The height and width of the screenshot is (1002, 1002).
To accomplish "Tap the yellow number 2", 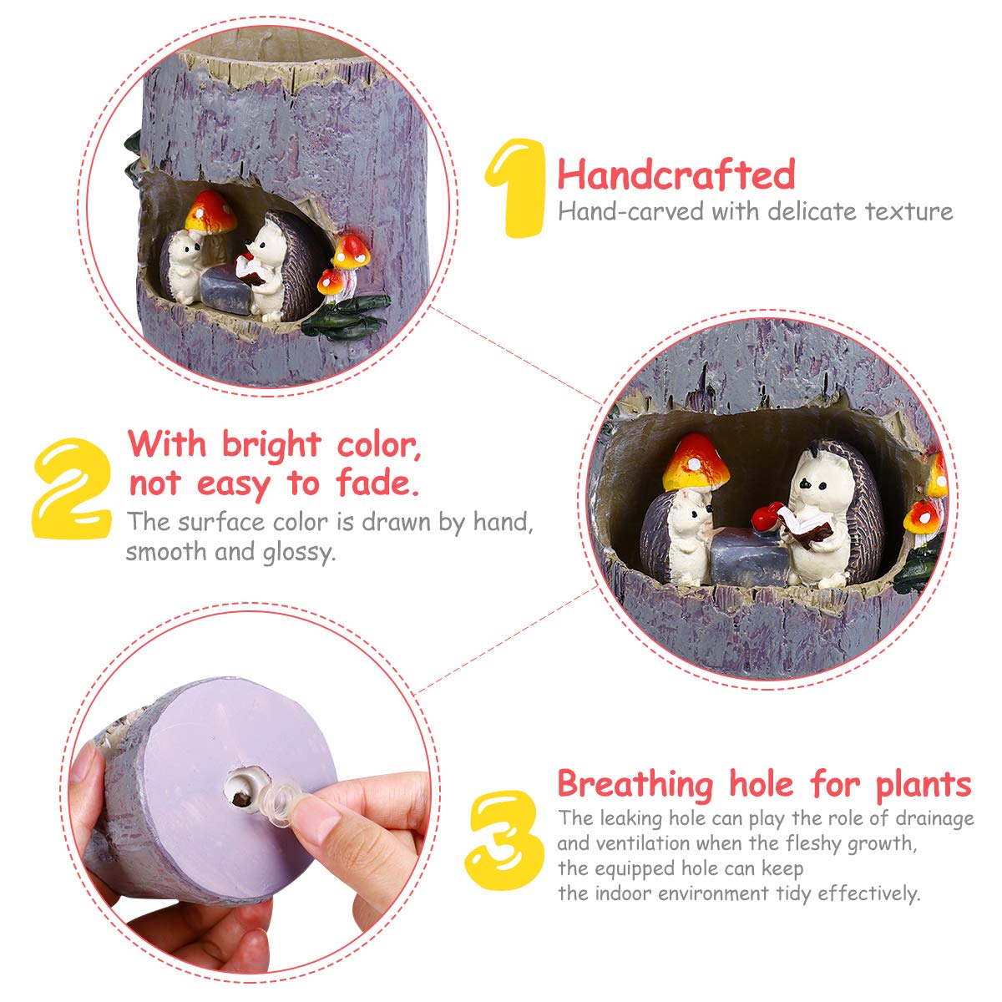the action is click(73, 488).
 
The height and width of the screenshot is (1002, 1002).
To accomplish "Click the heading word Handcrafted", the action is click(676, 175).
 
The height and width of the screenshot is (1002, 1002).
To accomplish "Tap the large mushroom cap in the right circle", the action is click(696, 463).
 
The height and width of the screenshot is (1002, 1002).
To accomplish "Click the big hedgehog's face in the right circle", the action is click(814, 483).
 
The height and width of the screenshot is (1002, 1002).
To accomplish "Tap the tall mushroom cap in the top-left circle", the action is click(210, 211).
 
